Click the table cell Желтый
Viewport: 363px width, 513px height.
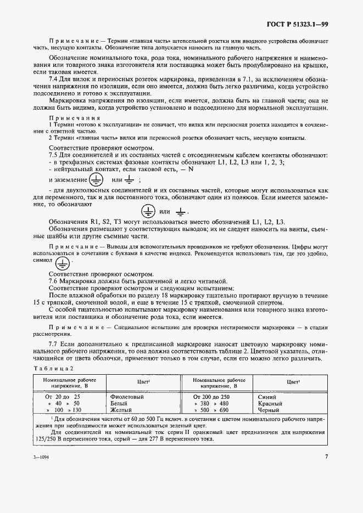coord(121,410)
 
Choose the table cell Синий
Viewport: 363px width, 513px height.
coord(267,396)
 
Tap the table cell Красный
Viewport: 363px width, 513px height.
coord(270,403)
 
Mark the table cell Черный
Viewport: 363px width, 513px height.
coord(269,410)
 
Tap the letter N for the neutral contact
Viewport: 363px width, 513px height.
coord(191,169)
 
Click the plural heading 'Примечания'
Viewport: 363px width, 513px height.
coord(75,118)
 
